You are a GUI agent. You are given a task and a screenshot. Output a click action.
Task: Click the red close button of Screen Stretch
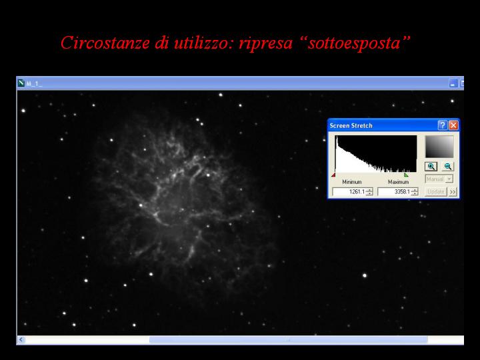point(453,125)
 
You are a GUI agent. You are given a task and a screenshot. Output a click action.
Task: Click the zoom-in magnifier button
point(431,167)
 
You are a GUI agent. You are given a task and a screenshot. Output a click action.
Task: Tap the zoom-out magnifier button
point(448,167)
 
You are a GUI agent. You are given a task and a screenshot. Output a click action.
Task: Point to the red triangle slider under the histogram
point(333,175)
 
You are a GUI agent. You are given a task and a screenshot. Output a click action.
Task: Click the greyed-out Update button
point(435,191)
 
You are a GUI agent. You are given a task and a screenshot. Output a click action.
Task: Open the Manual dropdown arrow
point(449,179)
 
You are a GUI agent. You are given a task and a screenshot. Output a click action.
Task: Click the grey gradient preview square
point(439,147)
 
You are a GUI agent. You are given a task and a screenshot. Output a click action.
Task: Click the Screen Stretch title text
point(351,125)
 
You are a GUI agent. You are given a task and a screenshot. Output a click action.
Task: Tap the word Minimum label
point(352,182)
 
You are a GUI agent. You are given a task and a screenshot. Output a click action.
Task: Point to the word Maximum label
point(398,182)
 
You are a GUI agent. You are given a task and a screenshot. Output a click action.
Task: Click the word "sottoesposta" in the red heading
point(354,43)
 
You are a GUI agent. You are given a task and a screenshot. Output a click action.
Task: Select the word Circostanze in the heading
point(105,43)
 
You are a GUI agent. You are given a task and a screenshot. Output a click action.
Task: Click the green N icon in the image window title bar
point(21,83)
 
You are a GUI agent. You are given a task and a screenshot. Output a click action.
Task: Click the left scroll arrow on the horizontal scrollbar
point(21,339)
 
